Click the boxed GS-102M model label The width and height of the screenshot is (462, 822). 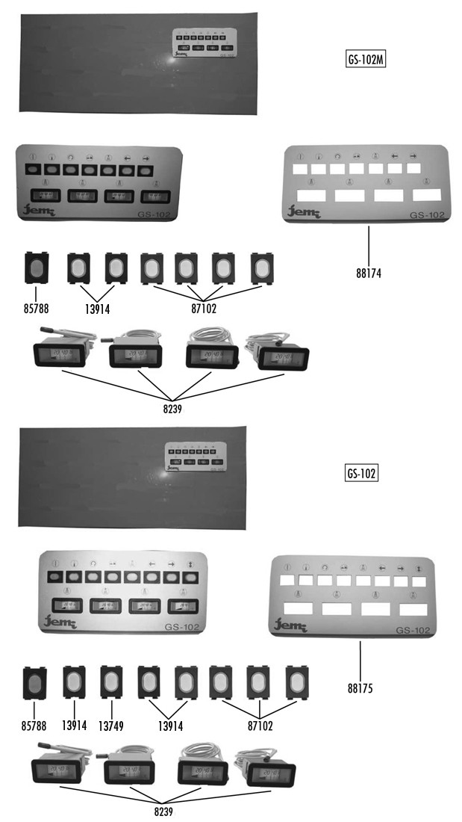(x=366, y=61)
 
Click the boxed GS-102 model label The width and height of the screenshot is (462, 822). (x=362, y=474)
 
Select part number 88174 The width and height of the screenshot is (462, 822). (x=369, y=273)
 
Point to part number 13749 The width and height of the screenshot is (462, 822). (x=112, y=724)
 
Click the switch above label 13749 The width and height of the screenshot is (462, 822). (x=111, y=682)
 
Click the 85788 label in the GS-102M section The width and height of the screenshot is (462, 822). (x=35, y=306)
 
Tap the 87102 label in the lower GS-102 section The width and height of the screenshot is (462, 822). (x=258, y=725)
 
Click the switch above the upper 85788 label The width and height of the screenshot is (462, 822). (x=36, y=268)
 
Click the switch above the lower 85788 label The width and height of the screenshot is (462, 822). (x=35, y=682)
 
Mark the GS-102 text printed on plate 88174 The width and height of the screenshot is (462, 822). (x=427, y=216)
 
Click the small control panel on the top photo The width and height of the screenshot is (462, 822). (x=199, y=43)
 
